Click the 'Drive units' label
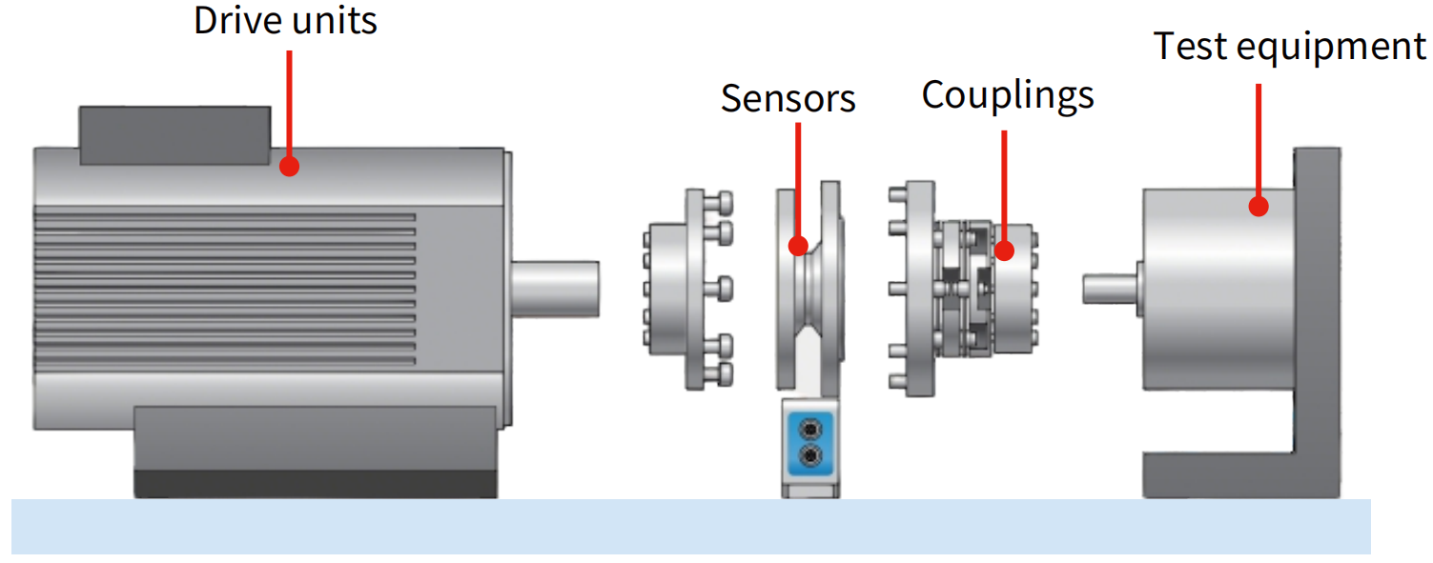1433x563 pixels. click(285, 21)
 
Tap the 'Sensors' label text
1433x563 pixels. click(788, 98)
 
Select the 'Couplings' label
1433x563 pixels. click(1007, 94)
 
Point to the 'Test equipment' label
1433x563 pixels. click(1289, 46)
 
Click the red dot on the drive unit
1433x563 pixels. click(290, 167)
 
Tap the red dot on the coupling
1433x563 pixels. click(1004, 251)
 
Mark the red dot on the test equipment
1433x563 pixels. click(1259, 206)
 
